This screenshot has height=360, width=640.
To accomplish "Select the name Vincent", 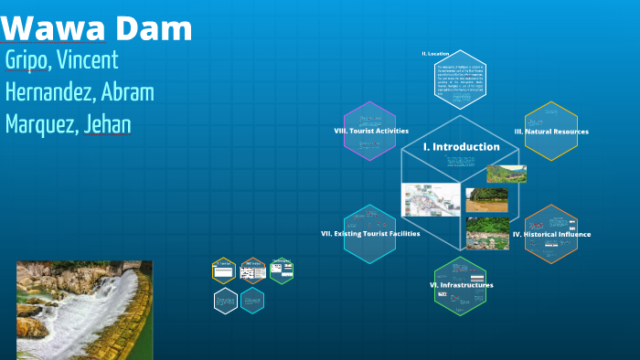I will (87, 61).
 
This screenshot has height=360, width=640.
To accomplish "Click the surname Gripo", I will (27, 61).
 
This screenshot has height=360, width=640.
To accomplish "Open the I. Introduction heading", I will (461, 146).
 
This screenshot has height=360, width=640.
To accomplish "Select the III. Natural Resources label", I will (550, 132).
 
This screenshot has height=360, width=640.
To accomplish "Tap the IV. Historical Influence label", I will (550, 234).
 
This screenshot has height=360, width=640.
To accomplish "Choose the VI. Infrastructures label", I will (461, 285).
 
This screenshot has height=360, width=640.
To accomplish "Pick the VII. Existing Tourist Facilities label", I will (370, 234).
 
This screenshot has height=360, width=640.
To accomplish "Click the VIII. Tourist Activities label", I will (370, 132).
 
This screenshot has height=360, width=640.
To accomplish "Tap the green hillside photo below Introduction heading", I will (506, 174).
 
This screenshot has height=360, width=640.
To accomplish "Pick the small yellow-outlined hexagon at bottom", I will (224, 270).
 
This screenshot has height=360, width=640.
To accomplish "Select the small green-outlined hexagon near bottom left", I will (282, 270).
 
